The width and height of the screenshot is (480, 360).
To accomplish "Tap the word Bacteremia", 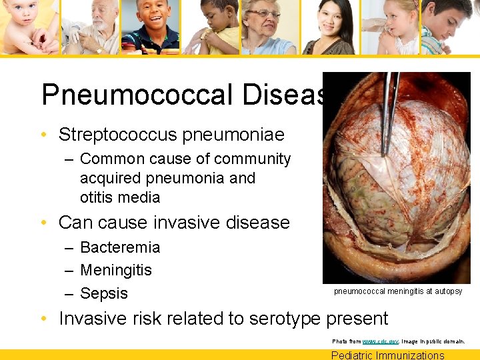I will (x=120, y=247).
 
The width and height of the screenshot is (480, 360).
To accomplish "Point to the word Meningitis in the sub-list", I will (x=116, y=270).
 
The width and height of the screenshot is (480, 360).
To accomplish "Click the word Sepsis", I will (x=104, y=293).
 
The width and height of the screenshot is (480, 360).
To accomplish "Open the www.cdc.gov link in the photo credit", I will (x=380, y=341).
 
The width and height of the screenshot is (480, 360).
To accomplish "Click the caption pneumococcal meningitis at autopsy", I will (x=398, y=291).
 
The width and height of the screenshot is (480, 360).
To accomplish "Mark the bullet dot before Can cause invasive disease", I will (x=44, y=223).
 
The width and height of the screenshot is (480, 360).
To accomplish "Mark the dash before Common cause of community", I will (x=69, y=159).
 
